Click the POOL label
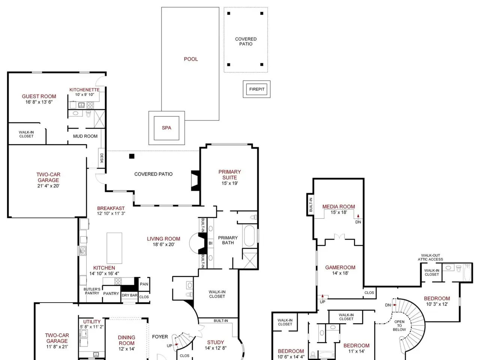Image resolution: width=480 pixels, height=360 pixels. [191, 59]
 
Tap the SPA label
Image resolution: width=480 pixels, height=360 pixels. [166, 128]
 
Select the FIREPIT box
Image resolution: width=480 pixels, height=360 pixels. [256, 89]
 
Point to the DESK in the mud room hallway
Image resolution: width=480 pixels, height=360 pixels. [102, 158]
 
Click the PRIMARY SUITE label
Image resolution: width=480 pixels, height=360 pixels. [229, 175]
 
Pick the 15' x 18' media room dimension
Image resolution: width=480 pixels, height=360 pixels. [339, 212]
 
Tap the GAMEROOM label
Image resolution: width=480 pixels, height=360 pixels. [340, 267]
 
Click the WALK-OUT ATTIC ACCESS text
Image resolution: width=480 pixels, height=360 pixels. [430, 257]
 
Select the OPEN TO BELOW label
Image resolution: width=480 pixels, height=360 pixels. [399, 325]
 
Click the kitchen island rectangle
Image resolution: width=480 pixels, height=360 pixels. [114, 248]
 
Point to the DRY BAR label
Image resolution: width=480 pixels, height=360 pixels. [129, 295]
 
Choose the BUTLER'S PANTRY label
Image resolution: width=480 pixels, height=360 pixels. [92, 291]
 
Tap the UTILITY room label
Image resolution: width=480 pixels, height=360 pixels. [92, 321]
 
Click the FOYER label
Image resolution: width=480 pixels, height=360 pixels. [160, 337]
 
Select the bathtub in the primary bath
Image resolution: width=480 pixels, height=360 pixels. [249, 236]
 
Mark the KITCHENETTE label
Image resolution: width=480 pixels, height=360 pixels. [84, 90]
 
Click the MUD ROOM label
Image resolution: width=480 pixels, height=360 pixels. [85, 136]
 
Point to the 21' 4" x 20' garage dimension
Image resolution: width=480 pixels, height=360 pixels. [48, 186]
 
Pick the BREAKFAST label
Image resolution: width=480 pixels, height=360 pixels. [111, 208]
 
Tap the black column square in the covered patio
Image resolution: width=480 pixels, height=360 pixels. [132, 156]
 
